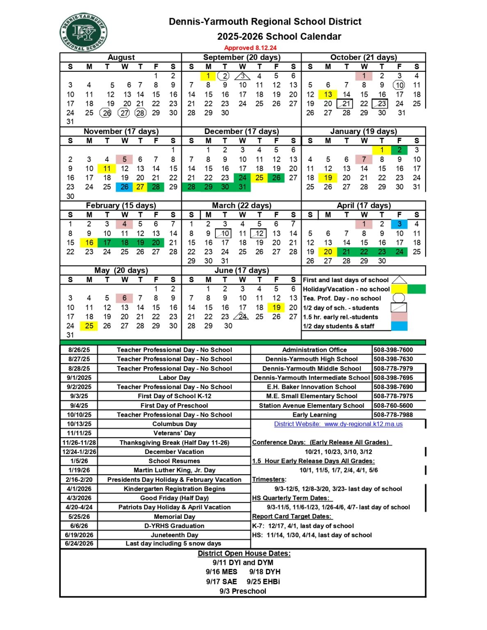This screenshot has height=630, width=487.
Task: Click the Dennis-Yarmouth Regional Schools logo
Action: pyautogui.click(x=84, y=32)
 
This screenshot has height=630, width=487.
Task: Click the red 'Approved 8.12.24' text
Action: pyautogui.click(x=250, y=48)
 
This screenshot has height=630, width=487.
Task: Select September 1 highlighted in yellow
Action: pyautogui.click(x=208, y=76)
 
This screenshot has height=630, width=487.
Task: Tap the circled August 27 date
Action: pyautogui.click(x=124, y=113)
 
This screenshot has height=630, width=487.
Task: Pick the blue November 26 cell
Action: pyautogui.click(x=124, y=187)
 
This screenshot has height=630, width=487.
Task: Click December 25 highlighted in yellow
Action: pyautogui.click(x=259, y=178)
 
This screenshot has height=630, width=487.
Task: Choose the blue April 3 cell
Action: pyautogui.click(x=399, y=224)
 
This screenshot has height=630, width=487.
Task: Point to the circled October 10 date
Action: pyautogui.click(x=399, y=85)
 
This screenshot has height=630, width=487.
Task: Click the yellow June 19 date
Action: pyautogui.click(x=277, y=307)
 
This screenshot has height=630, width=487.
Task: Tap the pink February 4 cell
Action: pyautogui.click(x=124, y=224)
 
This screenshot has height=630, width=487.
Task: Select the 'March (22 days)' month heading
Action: pyautogui.click(x=242, y=205)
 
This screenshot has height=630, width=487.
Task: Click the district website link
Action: pyautogui.click(x=338, y=424)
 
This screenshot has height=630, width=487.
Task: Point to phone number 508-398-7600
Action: pyautogui.click(x=393, y=350)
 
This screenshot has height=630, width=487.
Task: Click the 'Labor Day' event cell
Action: pyautogui.click(x=174, y=378)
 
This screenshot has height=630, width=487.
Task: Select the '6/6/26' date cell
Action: pyautogui.click(x=79, y=526)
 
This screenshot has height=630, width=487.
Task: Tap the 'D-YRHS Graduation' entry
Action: pyautogui.click(x=174, y=526)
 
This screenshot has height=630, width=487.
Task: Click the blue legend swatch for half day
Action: pyautogui.click(x=399, y=326)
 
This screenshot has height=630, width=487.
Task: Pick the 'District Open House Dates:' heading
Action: pyautogui.click(x=244, y=553)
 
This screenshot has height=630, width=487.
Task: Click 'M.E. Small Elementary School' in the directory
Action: pyautogui.click(x=311, y=396)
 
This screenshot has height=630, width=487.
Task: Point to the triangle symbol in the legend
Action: pyautogui.click(x=399, y=280)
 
